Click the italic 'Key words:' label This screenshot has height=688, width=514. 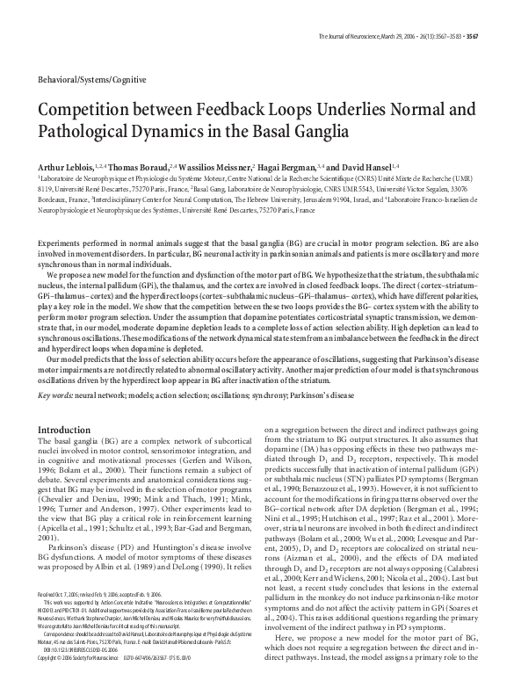click(56, 373)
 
